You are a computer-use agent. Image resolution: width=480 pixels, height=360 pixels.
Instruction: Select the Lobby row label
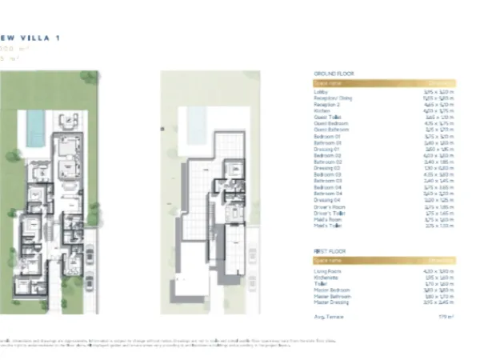click(x=319, y=93)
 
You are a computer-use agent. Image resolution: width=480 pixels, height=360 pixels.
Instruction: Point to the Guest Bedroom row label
click(x=327, y=124)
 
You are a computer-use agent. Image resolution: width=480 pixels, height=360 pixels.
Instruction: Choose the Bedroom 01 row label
click(x=326, y=137)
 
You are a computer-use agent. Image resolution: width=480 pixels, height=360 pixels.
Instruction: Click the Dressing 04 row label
click(x=326, y=200)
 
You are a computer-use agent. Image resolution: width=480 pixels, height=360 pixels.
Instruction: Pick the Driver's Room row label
click(x=327, y=206)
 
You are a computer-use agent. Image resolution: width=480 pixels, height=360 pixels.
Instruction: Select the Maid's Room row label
click(x=325, y=219)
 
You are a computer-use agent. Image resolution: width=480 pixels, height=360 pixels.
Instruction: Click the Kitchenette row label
click(x=324, y=278)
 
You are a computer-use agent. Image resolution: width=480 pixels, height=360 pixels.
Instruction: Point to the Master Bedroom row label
click(x=329, y=290)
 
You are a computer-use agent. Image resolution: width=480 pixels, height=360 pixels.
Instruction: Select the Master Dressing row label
click(x=329, y=302)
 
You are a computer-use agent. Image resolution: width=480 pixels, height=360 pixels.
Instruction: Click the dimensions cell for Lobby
click(x=439, y=93)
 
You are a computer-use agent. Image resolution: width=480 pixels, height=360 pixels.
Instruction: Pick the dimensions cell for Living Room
click(x=439, y=271)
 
